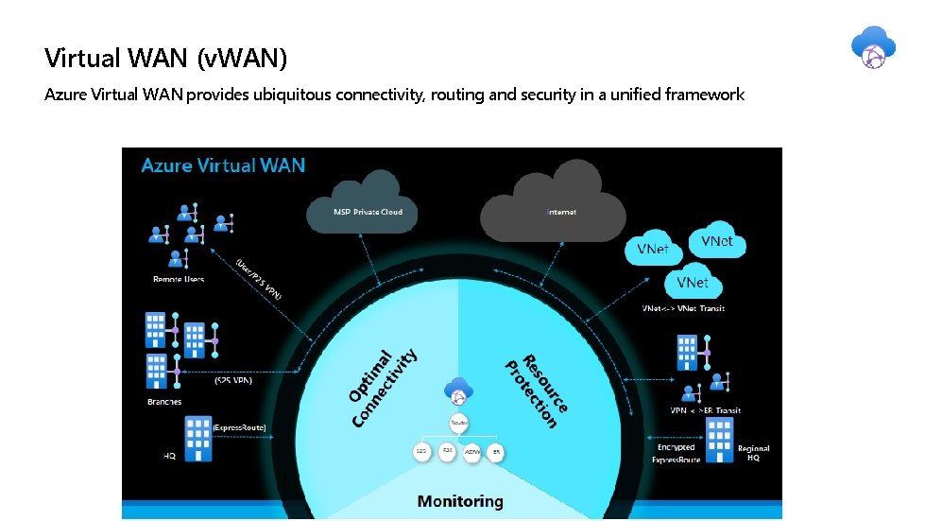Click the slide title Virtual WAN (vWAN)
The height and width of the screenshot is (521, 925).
pos(165,59)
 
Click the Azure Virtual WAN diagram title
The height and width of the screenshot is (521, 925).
pos(223,165)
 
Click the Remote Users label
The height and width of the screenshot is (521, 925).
pos(179,279)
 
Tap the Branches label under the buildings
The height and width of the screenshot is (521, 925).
pos(164,402)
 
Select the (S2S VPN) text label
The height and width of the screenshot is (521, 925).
pos(233,381)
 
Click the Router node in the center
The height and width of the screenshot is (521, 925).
pos(459,424)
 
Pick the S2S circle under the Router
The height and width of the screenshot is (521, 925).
pos(421,452)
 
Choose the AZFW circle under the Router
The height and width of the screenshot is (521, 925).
pos(472,452)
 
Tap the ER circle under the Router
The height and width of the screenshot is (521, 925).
pos(496,452)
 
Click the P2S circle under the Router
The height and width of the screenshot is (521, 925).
pos(447,452)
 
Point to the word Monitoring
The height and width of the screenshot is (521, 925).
pos(460,501)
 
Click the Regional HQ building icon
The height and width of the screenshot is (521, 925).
pos(719,440)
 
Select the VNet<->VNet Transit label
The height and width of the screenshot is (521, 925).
pos(683,308)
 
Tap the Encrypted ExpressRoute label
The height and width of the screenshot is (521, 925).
pos(677,453)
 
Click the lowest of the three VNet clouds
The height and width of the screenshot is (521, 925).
pos(693,283)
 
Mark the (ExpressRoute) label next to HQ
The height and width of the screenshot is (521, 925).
pos(239,428)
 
